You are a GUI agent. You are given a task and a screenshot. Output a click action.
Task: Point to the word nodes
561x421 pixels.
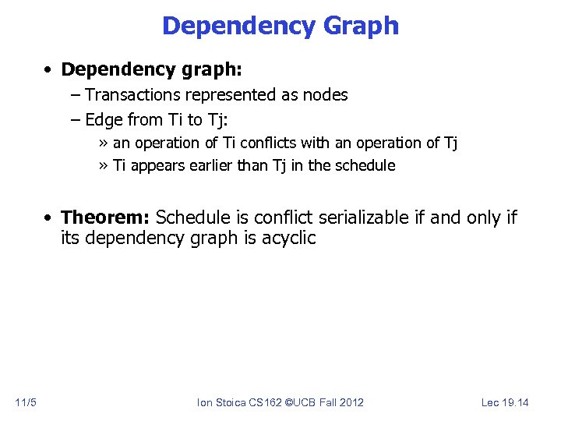point(326,95)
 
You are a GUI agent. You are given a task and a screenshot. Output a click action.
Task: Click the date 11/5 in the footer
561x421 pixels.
point(25,402)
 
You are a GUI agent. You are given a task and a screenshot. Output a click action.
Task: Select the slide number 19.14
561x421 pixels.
point(515,402)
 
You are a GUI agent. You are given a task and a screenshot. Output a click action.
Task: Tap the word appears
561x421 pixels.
point(155,165)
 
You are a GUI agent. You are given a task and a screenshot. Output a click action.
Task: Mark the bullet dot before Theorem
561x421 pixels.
point(48,218)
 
